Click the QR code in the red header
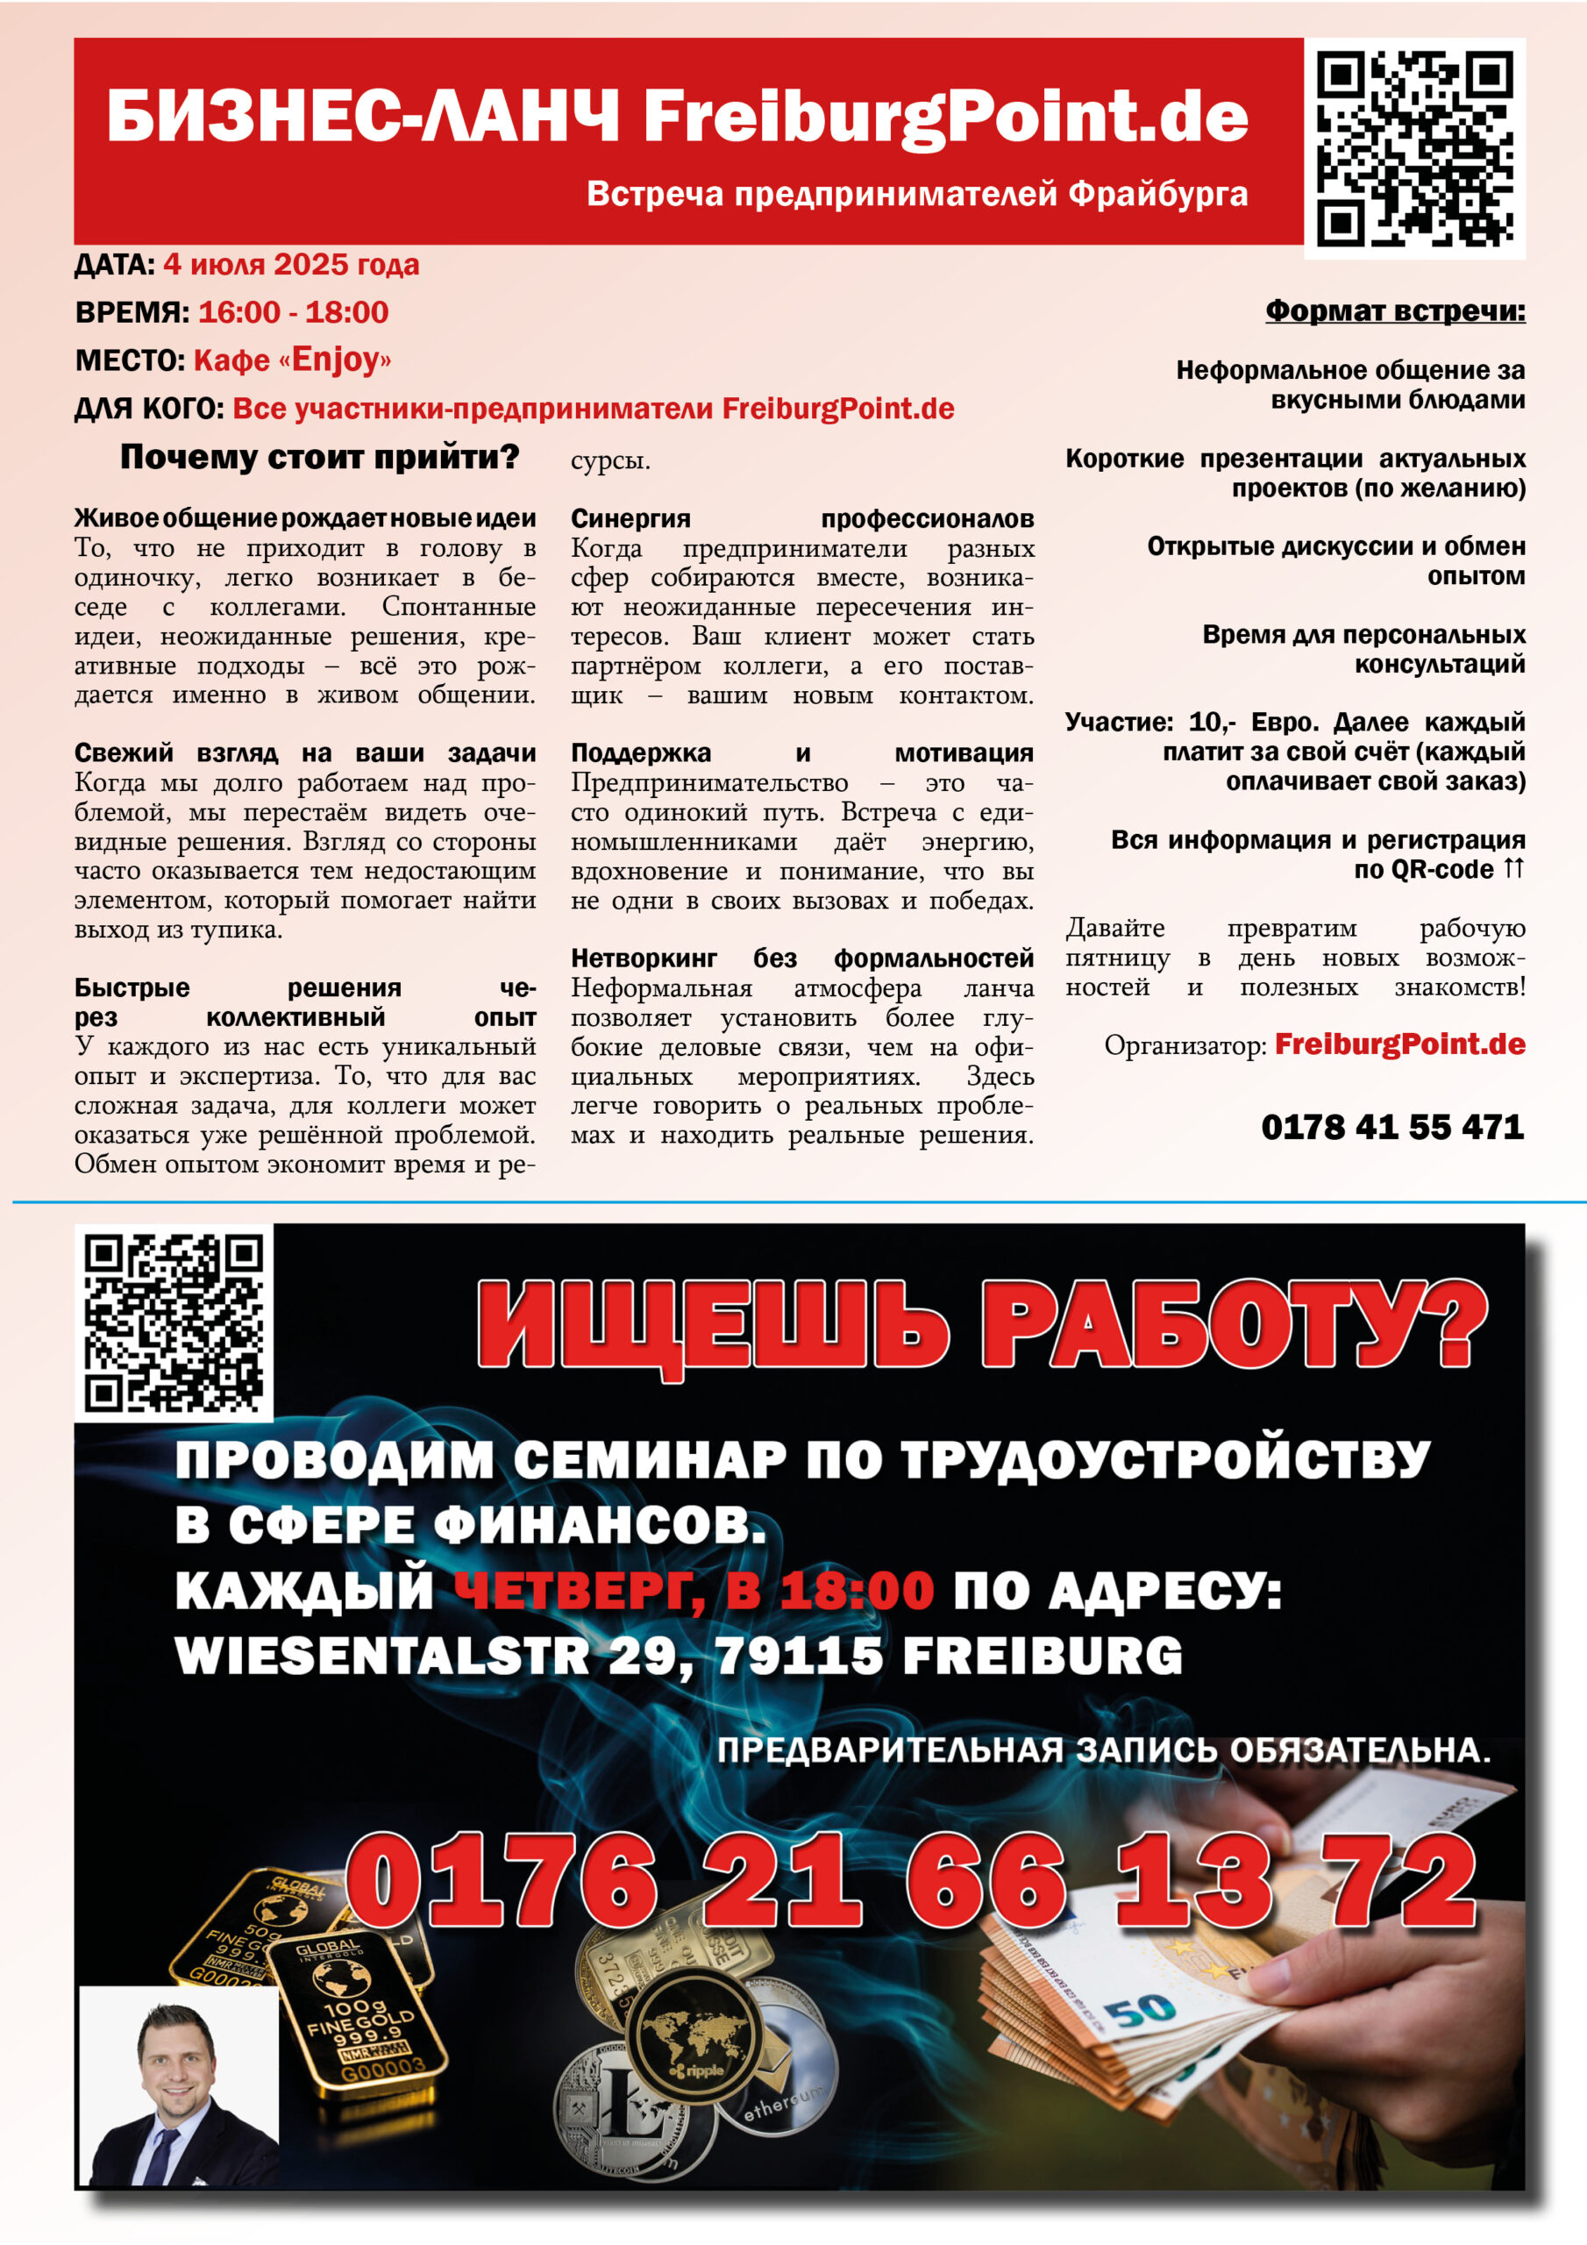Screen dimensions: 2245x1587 click(x=1414, y=147)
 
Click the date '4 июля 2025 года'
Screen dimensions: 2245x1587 click(x=290, y=265)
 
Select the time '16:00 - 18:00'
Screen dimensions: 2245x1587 click(x=294, y=313)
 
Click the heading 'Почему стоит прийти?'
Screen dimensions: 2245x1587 click(x=319, y=457)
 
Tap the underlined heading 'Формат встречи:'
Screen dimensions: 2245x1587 click(x=1394, y=311)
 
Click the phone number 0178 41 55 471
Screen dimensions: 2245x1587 click(x=1391, y=1128)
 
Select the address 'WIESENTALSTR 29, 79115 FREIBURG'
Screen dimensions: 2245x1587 click(x=678, y=1656)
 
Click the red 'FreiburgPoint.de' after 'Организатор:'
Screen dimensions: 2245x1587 click(x=1399, y=1044)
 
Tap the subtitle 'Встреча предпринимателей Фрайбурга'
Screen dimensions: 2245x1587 click(x=916, y=194)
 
